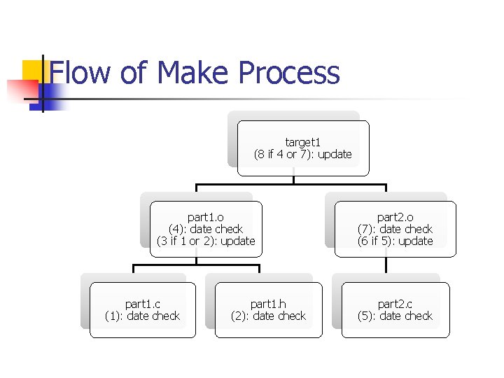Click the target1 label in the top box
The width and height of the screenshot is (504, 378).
(303, 142)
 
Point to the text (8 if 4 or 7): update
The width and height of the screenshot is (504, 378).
(303, 154)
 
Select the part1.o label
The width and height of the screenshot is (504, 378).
(206, 217)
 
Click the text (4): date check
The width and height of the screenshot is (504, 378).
(206, 229)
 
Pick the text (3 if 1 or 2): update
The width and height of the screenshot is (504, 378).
(206, 241)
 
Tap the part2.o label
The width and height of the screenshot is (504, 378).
(395, 217)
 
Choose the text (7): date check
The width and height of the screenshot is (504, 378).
(395, 229)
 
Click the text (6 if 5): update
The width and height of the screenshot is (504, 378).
(395, 241)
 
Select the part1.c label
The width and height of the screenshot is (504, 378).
(142, 304)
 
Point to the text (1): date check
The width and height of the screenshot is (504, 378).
(142, 316)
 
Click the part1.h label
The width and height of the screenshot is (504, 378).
(268, 304)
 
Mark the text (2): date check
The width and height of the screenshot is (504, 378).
(268, 316)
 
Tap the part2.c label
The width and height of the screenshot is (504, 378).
(395, 304)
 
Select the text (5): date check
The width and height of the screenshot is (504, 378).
(395, 316)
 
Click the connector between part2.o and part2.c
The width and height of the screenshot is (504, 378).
(386, 265)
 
